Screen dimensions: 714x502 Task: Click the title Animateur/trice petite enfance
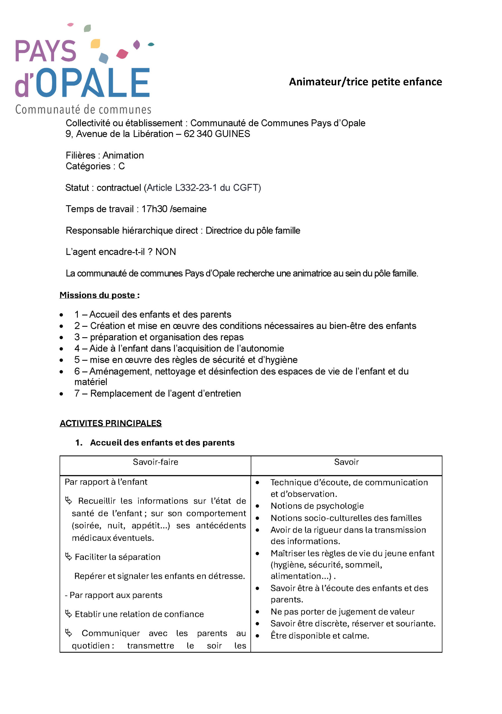(x=365, y=82)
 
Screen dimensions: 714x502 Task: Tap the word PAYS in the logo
(x=46, y=51)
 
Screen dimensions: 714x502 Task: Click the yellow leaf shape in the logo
(x=95, y=44)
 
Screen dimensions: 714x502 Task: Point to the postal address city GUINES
(x=232, y=134)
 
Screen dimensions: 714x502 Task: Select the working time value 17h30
(x=154, y=209)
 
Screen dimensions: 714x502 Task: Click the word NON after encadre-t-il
(x=165, y=252)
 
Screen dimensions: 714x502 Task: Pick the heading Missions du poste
(x=98, y=295)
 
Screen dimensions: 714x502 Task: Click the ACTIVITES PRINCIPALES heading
(x=111, y=423)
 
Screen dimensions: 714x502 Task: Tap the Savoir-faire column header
(x=155, y=462)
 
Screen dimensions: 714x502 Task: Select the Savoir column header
(x=346, y=462)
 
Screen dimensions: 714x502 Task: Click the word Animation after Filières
(x=123, y=155)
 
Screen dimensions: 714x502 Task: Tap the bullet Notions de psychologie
(x=317, y=506)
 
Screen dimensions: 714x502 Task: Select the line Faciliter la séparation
(x=118, y=557)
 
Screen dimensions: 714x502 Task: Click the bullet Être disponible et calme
(x=320, y=636)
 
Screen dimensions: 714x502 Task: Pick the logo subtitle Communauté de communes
(x=83, y=109)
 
